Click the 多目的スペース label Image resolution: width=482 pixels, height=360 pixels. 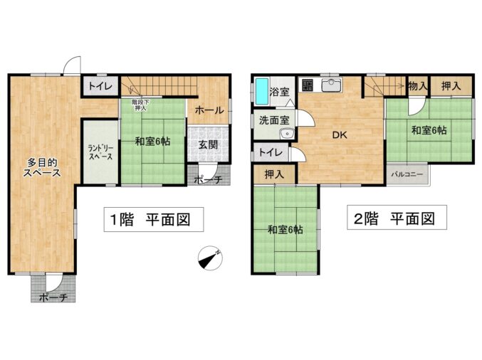click(x=42, y=167)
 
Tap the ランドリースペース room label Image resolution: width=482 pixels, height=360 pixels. click(x=100, y=152)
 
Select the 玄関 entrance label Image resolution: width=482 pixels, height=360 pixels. click(x=208, y=144)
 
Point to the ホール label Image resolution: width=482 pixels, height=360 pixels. click(x=209, y=110)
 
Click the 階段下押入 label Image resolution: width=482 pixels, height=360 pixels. click(x=140, y=105)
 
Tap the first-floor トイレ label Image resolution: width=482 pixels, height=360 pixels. click(x=100, y=86)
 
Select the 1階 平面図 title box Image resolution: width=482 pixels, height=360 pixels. click(x=154, y=219)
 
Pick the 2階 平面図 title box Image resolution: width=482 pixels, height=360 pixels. click(x=397, y=217)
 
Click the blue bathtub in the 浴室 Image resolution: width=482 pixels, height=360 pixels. click(x=262, y=91)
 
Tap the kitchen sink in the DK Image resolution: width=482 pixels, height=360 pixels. click(x=331, y=85)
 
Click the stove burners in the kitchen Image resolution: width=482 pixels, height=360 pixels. click(x=307, y=85)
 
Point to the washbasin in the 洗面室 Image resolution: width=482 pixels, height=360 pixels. click(x=288, y=134)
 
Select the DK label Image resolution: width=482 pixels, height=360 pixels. click(x=340, y=134)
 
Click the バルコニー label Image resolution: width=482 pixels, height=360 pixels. click(x=407, y=174)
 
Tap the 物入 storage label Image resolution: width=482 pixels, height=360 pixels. click(x=418, y=86)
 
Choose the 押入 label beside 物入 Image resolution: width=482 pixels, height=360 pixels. click(x=451, y=86)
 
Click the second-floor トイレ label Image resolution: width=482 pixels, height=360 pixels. click(x=271, y=152)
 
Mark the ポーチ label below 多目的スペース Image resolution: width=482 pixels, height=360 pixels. click(x=53, y=297)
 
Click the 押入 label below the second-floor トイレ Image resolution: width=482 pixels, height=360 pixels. click(x=274, y=174)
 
